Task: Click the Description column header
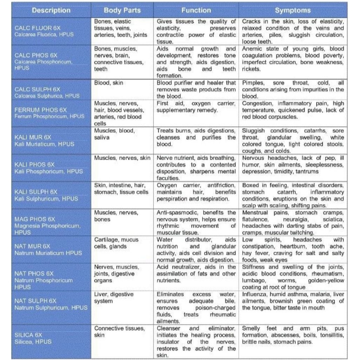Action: coord(51,10)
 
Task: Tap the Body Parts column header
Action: coord(122,10)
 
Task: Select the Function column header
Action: coord(196,10)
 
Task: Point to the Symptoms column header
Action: coord(293,10)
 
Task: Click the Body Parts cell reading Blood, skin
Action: coord(109,83)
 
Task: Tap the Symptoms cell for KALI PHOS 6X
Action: coord(293,165)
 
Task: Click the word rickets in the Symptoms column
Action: coord(251,69)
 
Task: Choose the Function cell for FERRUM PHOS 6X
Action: coord(196,107)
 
